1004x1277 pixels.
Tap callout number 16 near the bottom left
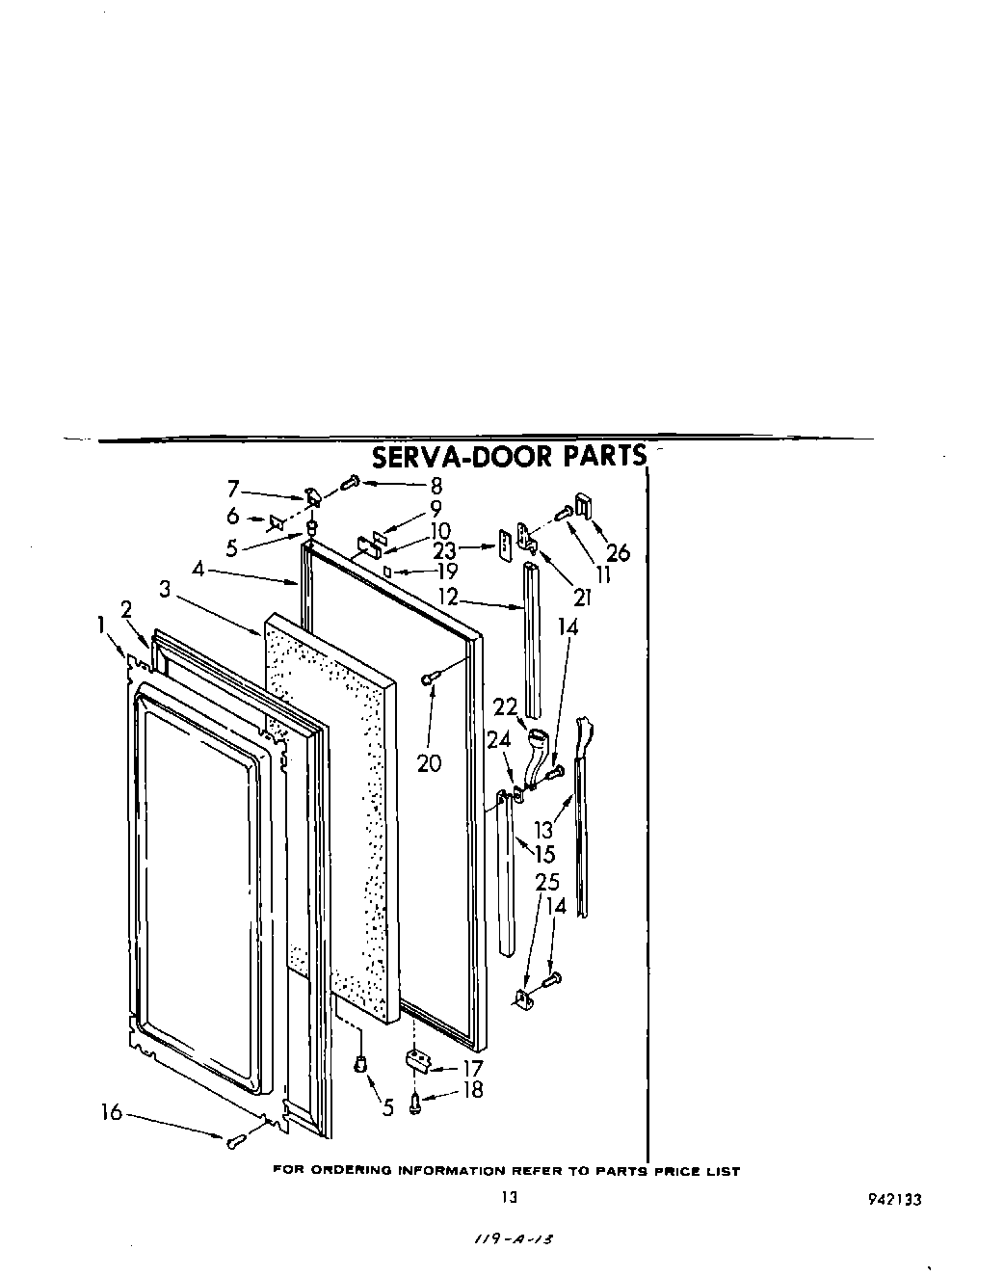click(x=112, y=1112)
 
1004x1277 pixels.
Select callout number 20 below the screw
click(x=429, y=763)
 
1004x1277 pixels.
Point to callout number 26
click(x=618, y=553)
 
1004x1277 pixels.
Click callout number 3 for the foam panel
click(x=165, y=589)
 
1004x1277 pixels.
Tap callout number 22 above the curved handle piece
click(x=506, y=706)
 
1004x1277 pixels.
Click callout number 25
click(x=547, y=882)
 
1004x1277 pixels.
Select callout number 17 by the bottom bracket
click(x=472, y=1068)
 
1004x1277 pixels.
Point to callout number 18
click(x=472, y=1090)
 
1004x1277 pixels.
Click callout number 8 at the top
click(x=436, y=486)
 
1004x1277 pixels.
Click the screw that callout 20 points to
click(x=429, y=679)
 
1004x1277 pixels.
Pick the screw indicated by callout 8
click(x=353, y=480)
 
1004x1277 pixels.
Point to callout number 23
click(x=443, y=552)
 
